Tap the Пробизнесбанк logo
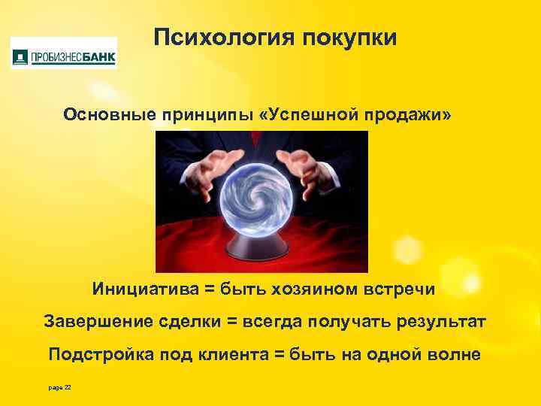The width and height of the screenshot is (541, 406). (64, 53)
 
